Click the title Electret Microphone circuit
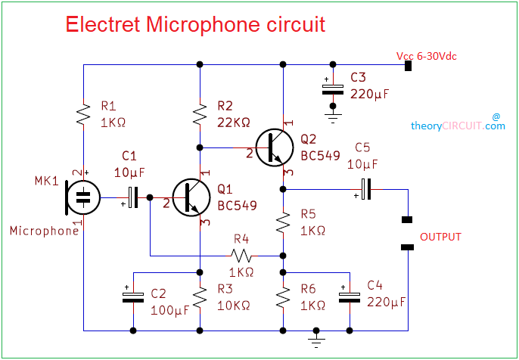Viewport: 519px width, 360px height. point(195,24)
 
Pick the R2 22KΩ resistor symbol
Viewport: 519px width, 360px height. point(200,115)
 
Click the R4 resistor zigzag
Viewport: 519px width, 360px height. point(241,256)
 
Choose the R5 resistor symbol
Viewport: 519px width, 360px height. point(283,222)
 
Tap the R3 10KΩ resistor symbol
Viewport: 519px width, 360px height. point(200,298)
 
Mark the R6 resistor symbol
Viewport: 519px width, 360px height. point(283,298)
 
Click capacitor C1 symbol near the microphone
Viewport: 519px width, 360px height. point(134,197)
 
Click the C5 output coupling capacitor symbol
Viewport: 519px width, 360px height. point(366,188)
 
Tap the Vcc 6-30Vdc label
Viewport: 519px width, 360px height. point(426,57)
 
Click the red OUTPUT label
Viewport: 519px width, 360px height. point(440,237)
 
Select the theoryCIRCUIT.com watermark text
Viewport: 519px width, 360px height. point(458,126)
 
